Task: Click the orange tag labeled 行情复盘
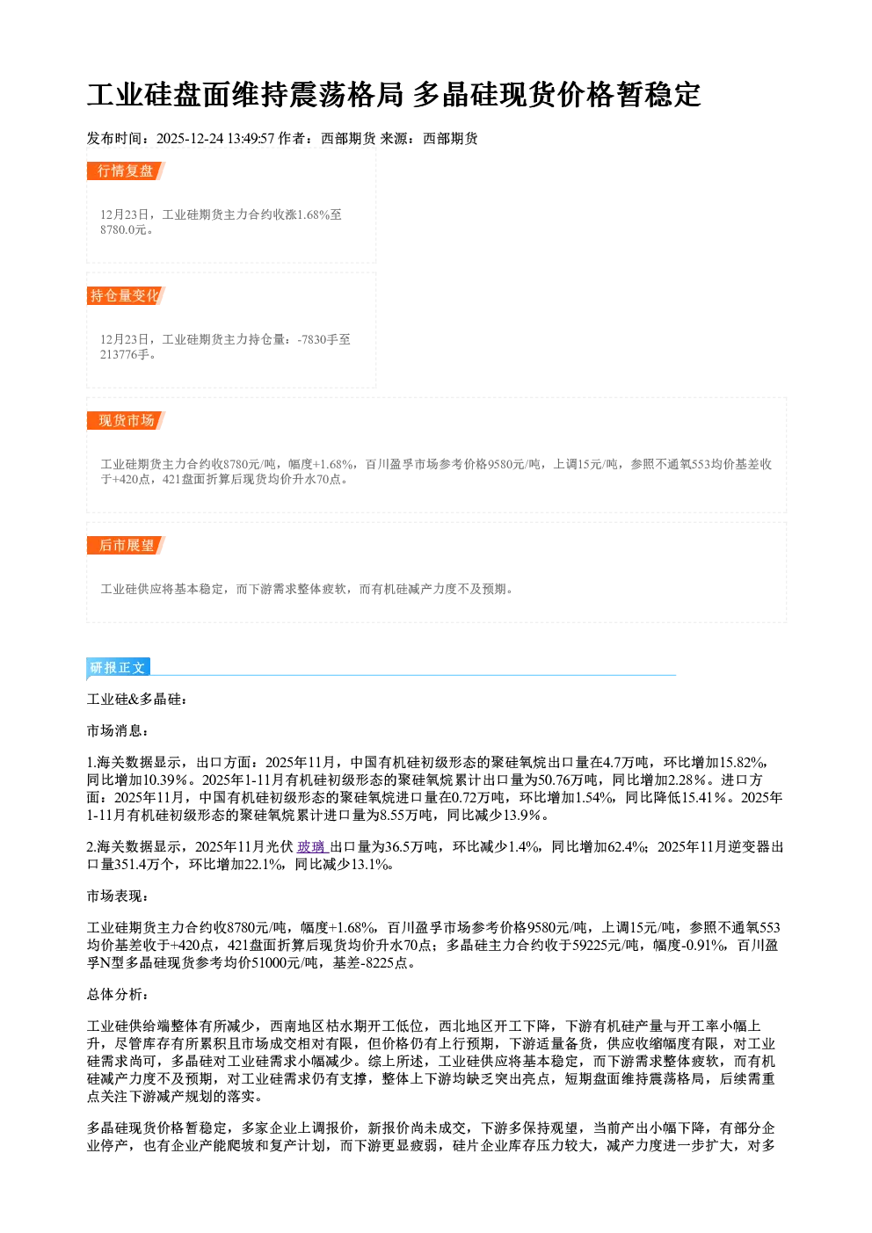coord(126,170)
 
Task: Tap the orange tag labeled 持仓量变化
coord(126,295)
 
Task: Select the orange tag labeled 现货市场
coord(126,421)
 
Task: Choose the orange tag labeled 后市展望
coord(126,546)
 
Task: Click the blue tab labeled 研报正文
coord(118,668)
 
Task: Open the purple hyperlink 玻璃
coord(312,847)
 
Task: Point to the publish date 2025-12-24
coord(190,138)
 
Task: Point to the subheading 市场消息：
coord(118,731)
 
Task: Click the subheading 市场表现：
coord(118,896)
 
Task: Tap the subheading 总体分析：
coord(118,995)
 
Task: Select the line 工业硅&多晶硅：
coord(138,700)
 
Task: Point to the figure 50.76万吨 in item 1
coord(571,780)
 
